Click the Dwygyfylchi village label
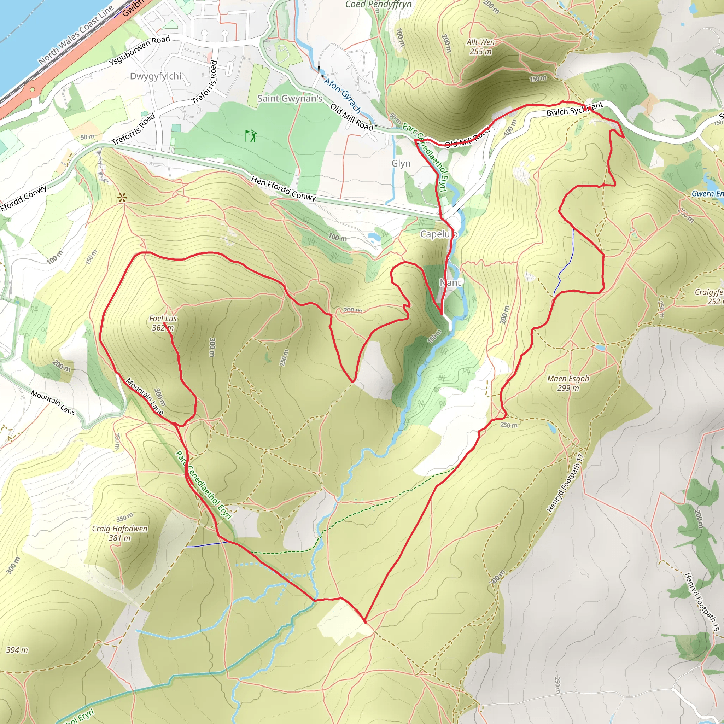(x=156, y=76)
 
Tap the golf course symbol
(x=251, y=135)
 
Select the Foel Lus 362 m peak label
(x=163, y=323)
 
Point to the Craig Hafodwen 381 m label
(x=120, y=533)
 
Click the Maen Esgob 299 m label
(x=568, y=383)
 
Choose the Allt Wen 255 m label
(x=480, y=47)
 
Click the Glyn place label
(x=401, y=163)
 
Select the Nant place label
(x=450, y=282)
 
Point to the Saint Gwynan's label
(x=290, y=99)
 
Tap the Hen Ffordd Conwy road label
(x=284, y=188)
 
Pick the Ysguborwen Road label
(x=139, y=51)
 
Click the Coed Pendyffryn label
(x=378, y=5)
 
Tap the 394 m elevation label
(x=17, y=650)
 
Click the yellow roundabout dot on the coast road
(x=33, y=89)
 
